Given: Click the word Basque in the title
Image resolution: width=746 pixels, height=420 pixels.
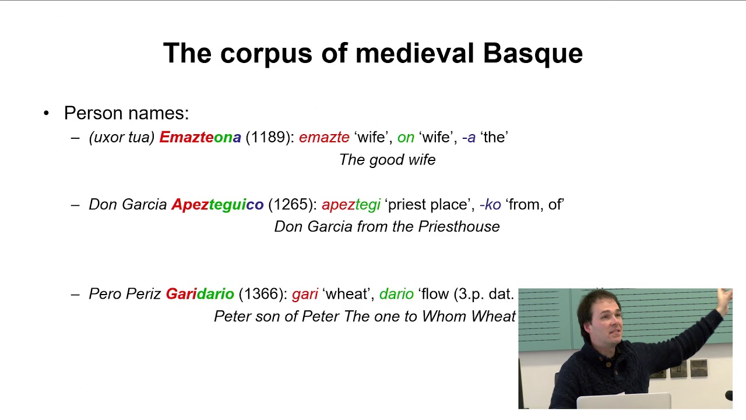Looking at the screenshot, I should tap(533, 54).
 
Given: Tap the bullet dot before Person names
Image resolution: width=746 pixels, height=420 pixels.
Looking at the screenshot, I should tap(47, 113).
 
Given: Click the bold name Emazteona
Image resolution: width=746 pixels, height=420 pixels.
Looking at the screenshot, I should tap(200, 138).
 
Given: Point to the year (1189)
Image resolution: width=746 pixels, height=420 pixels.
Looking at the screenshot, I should tap(270, 138).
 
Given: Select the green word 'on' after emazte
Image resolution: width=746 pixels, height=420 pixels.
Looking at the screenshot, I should tap(406, 138).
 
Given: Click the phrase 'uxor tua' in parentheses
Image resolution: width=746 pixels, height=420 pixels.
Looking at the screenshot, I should tap(122, 138).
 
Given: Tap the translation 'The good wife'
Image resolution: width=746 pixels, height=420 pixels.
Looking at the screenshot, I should tap(387, 160).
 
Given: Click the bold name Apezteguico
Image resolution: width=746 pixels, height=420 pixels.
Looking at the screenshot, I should tap(217, 205).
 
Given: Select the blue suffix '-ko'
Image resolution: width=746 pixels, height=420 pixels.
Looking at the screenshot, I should tap(490, 205).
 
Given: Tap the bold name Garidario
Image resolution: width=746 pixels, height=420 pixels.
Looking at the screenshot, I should tap(200, 294).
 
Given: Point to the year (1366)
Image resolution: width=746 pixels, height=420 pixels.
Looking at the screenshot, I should tap(263, 294).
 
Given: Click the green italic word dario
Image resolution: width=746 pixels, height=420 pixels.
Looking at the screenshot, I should tap(396, 294).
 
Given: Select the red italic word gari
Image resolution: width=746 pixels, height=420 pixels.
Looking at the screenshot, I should tap(305, 294).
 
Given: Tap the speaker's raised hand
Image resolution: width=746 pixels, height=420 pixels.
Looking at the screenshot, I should tap(724, 300).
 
